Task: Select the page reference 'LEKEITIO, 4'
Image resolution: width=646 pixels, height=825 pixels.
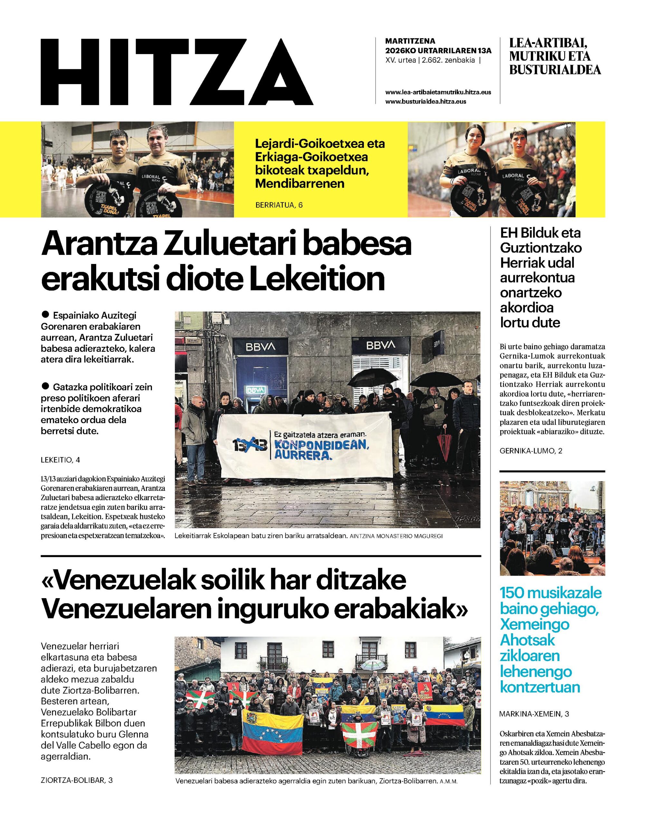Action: pyautogui.click(x=61, y=460)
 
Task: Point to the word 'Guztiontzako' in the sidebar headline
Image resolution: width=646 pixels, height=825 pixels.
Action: pyautogui.click(x=541, y=248)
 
